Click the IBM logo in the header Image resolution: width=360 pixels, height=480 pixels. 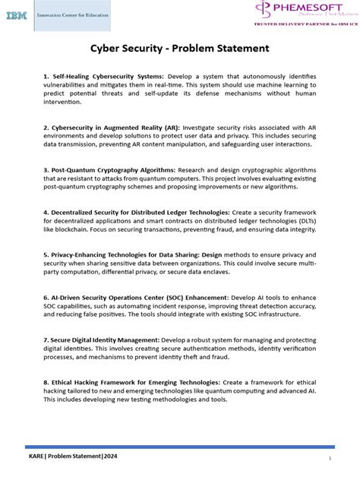click(17, 15)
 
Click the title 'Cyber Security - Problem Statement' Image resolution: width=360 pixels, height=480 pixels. click(180, 48)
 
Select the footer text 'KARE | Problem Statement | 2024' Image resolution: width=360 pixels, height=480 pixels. click(68, 458)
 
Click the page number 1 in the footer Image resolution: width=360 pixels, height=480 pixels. click(330, 459)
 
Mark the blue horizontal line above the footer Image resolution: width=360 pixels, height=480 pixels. click(180, 447)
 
